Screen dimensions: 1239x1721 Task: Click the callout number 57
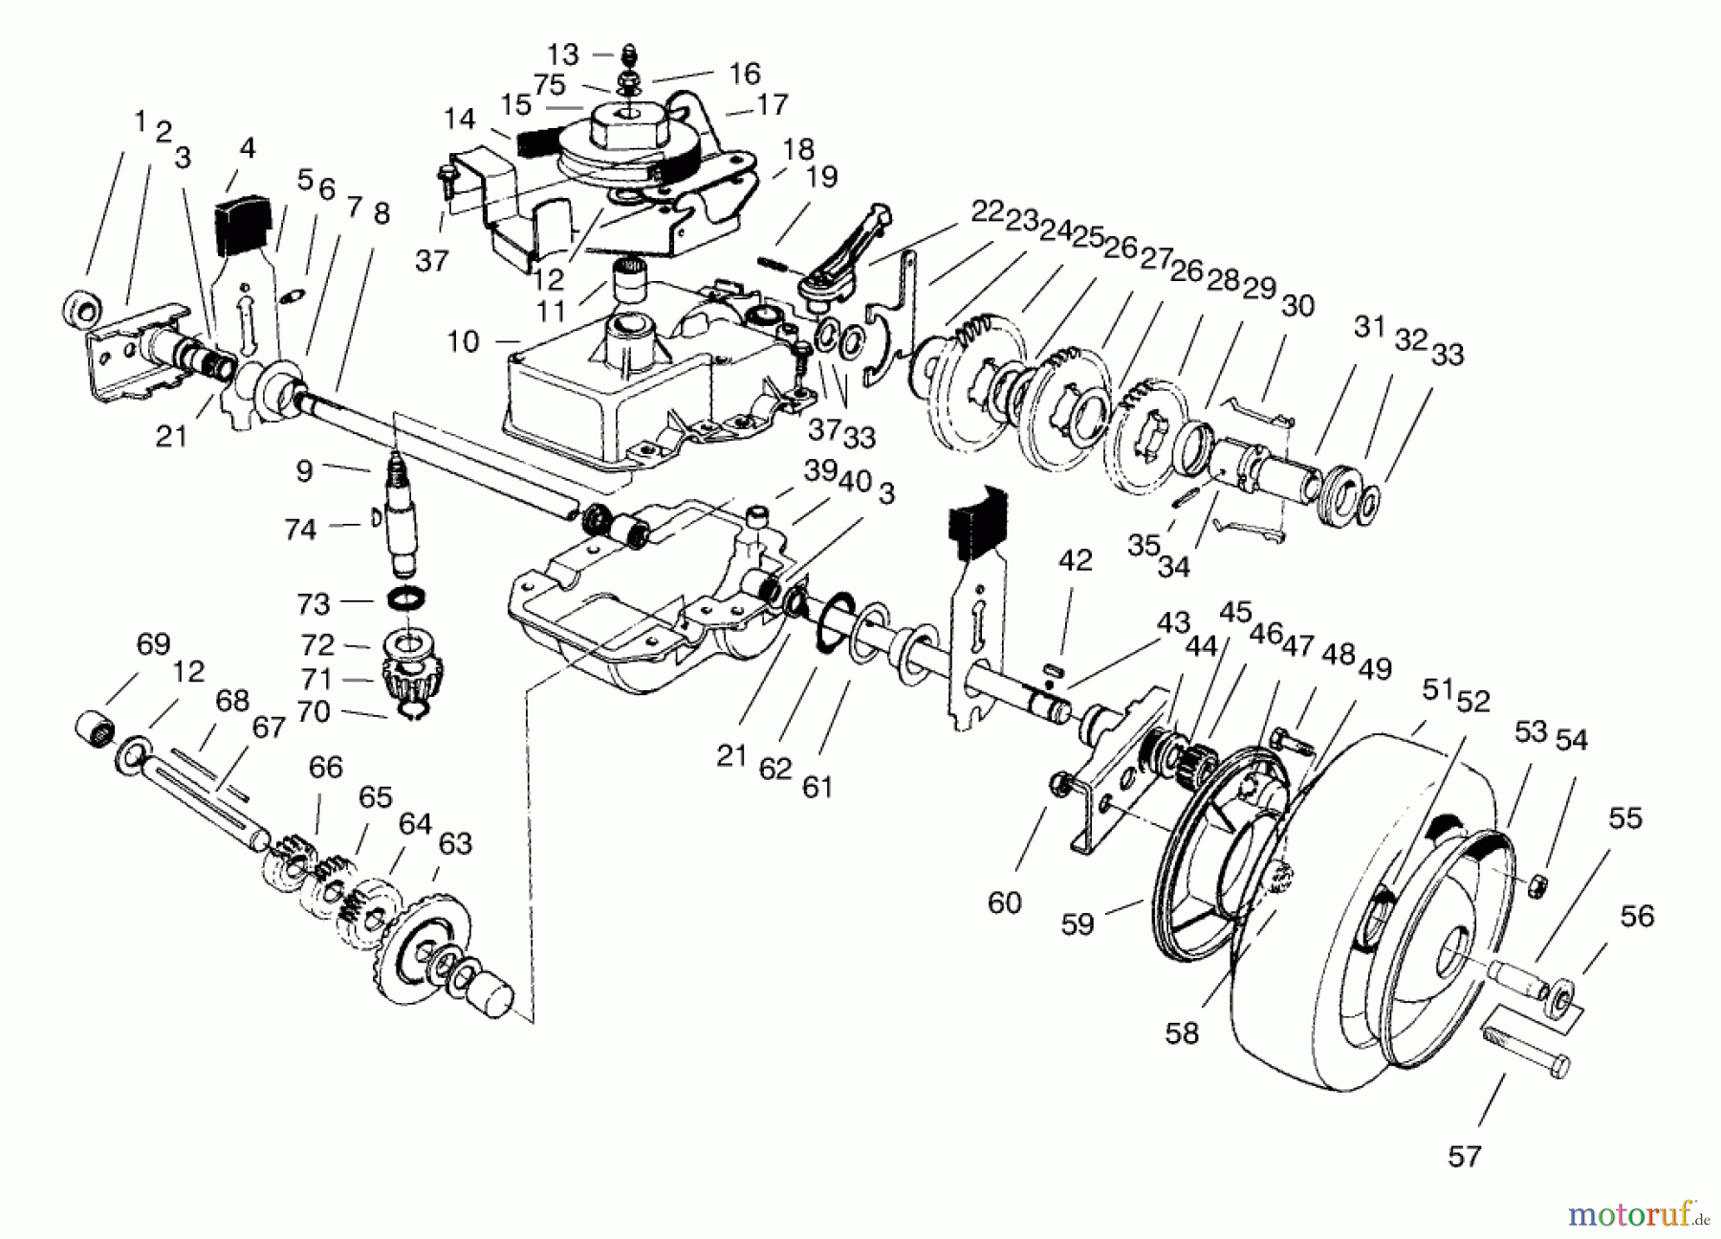tap(1464, 1156)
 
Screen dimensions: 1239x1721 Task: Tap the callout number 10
tap(463, 341)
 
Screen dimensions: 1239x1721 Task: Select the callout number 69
tap(153, 643)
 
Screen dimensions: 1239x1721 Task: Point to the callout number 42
tap(1076, 560)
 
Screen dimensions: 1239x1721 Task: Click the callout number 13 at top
tap(564, 54)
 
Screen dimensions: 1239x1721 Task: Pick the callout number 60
tap(1005, 902)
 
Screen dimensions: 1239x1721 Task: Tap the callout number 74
tap(300, 529)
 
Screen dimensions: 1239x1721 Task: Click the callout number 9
tap(304, 470)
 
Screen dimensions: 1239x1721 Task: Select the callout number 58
tap(1182, 1033)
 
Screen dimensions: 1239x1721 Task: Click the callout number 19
tap(821, 177)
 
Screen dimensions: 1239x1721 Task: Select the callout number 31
tap(1369, 327)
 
